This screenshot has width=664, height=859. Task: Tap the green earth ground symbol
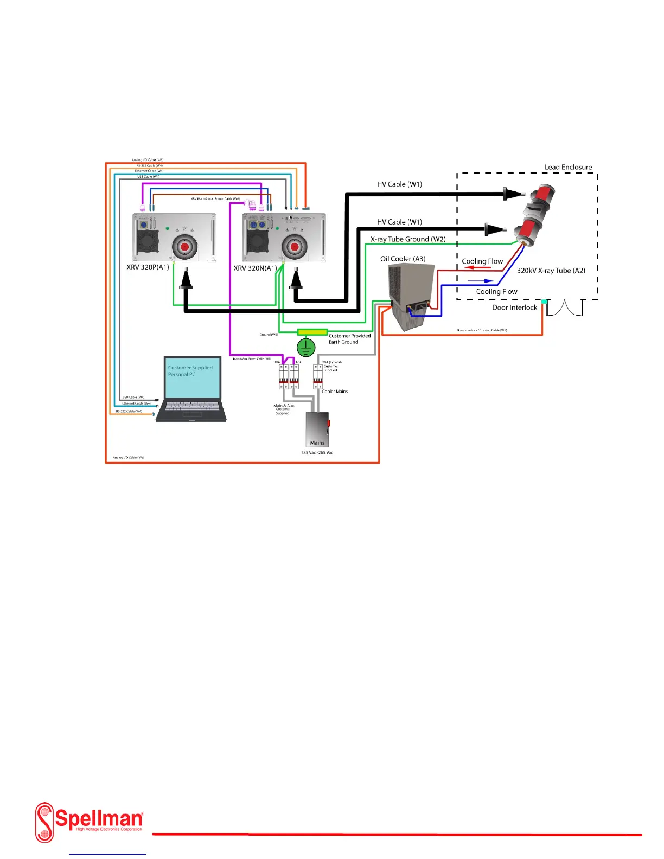(306, 348)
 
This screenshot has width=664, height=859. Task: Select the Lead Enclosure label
(568, 167)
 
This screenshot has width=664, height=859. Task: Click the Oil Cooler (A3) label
(403, 259)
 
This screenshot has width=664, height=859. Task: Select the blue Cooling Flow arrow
(481, 281)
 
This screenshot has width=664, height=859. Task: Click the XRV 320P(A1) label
(148, 267)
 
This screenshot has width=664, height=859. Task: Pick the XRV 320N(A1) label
(255, 268)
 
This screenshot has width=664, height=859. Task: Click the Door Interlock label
(514, 307)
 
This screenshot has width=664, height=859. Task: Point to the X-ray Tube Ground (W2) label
(408, 239)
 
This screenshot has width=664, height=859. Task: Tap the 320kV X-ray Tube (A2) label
(551, 271)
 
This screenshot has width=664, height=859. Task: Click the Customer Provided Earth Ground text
(349, 339)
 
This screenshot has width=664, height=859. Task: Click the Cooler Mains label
(335, 392)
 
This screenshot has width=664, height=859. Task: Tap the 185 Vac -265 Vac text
(317, 453)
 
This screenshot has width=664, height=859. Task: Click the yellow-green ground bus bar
(312, 332)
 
